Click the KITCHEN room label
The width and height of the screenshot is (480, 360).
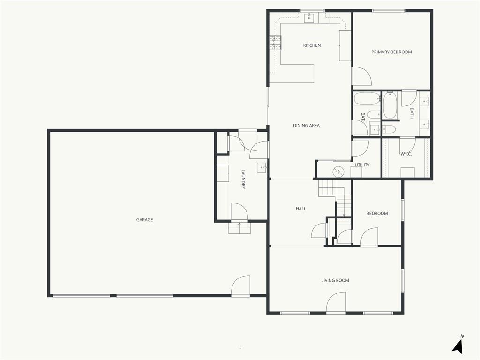point(312,45)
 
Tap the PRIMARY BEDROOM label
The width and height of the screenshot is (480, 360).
point(391,52)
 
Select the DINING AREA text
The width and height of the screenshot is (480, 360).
point(306,126)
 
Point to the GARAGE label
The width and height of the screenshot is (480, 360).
point(144,220)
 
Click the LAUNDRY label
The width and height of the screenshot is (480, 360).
point(243,180)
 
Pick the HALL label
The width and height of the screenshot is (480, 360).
point(301,209)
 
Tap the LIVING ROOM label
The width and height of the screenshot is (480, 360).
point(335,280)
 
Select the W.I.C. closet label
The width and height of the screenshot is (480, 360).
point(406,154)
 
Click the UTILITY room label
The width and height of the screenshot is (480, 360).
point(362,165)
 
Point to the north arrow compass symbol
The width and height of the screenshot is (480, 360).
point(458,346)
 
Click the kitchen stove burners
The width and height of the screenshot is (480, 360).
point(275,43)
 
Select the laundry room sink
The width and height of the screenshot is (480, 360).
point(262,167)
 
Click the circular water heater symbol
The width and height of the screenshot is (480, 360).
point(338,172)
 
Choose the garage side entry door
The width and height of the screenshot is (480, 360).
point(240,286)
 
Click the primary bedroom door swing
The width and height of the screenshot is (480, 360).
point(361,76)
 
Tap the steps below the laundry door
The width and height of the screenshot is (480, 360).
point(240,228)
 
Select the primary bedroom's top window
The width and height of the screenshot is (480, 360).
point(389,11)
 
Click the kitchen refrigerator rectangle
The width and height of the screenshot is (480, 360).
point(345,45)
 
